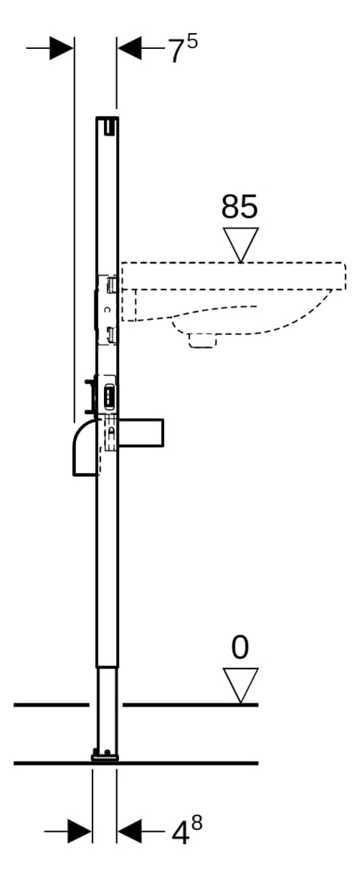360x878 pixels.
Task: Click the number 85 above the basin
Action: tap(239, 207)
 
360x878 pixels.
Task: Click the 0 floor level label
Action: tap(240, 648)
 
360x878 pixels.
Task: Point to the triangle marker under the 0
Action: tap(240, 684)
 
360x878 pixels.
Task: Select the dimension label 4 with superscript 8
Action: tap(185, 831)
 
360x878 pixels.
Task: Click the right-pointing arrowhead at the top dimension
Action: tap(61, 49)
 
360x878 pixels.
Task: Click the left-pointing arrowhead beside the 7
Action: tap(130, 49)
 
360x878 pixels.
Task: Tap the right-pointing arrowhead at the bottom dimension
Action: tap(79, 831)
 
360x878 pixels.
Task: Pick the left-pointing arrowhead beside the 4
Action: tap(130, 831)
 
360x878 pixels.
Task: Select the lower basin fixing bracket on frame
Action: tap(111, 334)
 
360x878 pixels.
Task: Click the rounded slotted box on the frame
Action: tap(109, 393)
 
